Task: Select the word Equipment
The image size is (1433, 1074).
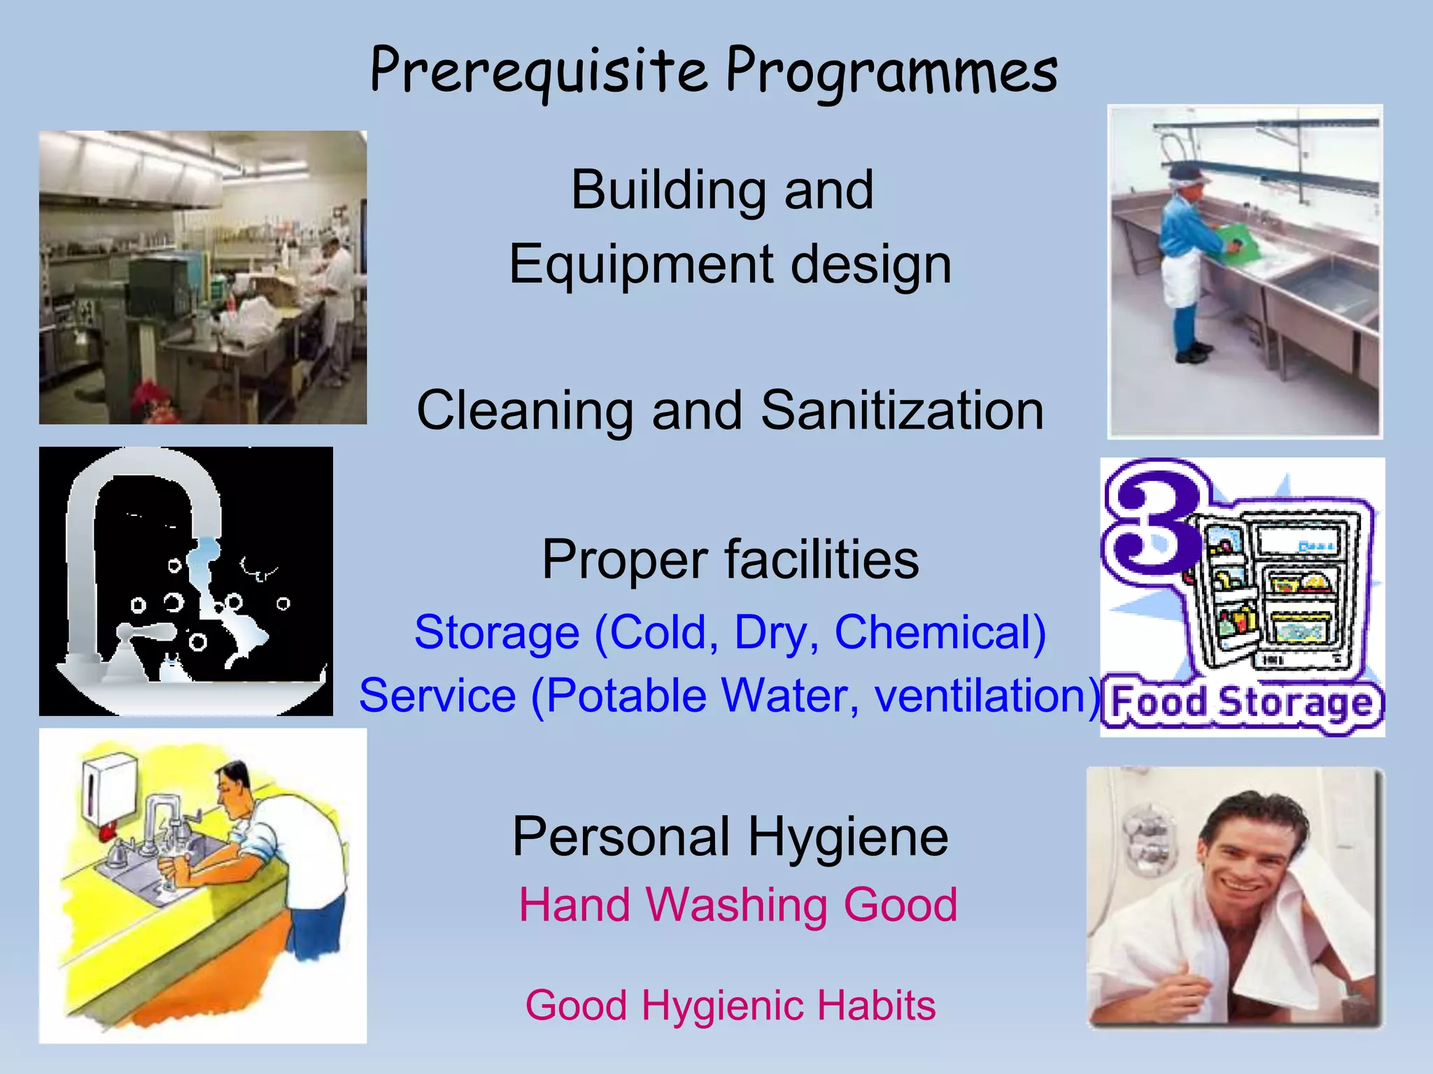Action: (641, 264)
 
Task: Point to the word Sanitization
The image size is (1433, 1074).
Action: (902, 411)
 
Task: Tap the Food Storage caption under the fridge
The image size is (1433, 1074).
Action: (1241, 703)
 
